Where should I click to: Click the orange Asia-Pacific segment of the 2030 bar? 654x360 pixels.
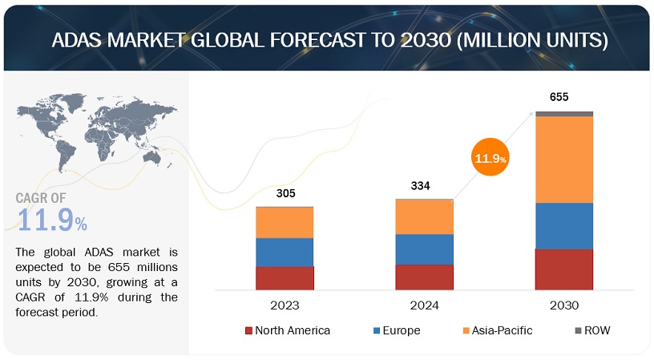[564, 159]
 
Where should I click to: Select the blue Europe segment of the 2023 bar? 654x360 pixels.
[285, 252]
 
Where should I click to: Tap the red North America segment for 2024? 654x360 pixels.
[424, 277]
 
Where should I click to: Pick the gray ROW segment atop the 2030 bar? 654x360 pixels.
[564, 114]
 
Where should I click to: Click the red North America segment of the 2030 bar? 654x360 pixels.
[564, 269]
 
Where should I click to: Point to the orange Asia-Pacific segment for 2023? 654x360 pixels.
[285, 222]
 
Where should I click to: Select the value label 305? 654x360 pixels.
[285, 192]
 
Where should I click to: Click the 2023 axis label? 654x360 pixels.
[285, 305]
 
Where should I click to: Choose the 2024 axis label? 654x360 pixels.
[424, 305]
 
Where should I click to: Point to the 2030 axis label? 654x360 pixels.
[564, 305]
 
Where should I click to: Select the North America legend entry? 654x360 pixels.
[287, 330]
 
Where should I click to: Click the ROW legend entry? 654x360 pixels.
[595, 330]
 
